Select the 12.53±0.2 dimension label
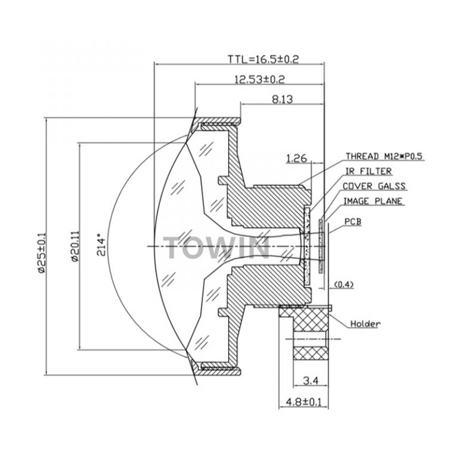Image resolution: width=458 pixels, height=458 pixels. click(259, 79)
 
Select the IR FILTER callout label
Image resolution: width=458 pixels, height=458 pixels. click(369, 172)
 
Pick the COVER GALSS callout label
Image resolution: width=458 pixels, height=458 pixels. click(375, 186)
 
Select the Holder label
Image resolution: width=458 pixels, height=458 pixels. click(365, 324)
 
